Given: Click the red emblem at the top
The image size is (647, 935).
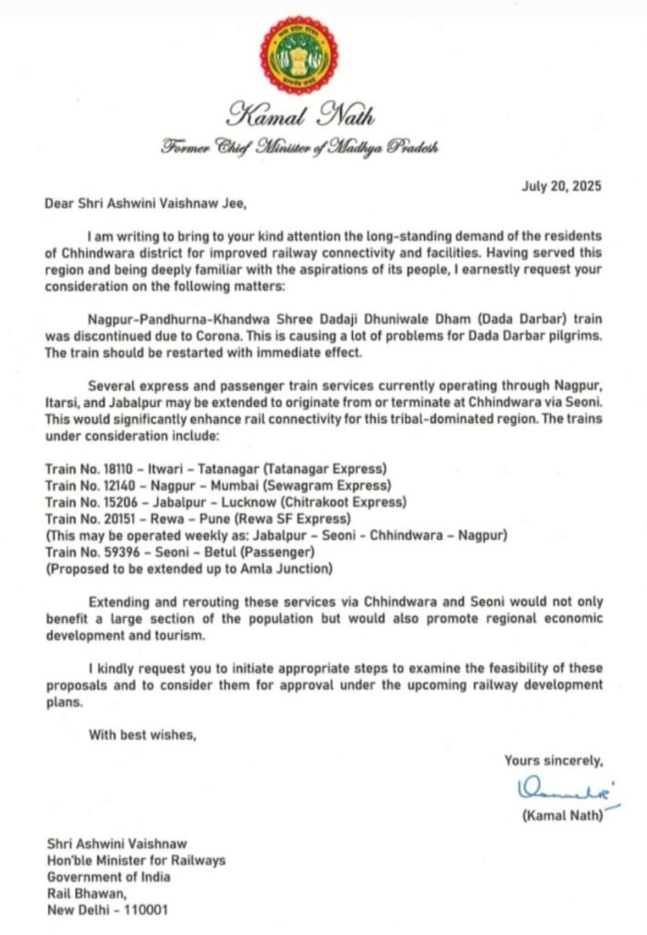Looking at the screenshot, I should pos(298,55).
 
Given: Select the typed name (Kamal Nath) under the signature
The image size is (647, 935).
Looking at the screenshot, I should pos(562,816).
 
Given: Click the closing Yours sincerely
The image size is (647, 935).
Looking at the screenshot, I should pos(554,760).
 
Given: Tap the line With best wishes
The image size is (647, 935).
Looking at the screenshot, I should pos(142,734).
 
